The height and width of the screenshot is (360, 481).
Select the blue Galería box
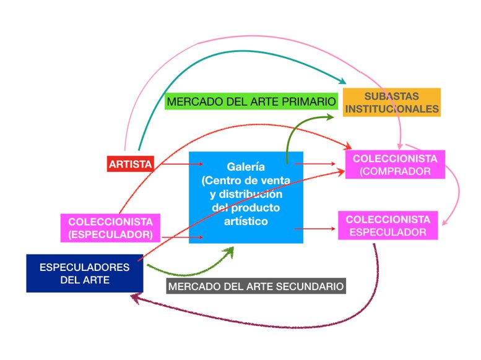246,197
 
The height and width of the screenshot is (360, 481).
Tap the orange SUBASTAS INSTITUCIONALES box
392,103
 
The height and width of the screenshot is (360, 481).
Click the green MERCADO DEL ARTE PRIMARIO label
251,101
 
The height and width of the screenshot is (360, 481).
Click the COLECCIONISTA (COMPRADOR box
396,165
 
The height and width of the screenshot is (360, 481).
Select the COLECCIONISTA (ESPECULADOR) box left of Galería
111,228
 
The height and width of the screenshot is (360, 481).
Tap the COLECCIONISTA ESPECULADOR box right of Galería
388,226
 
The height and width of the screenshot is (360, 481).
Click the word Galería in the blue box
246,167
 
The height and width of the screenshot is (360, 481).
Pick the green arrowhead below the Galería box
228,251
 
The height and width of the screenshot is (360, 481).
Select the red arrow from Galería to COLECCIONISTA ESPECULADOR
316,229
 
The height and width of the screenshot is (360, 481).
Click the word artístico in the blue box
246,221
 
